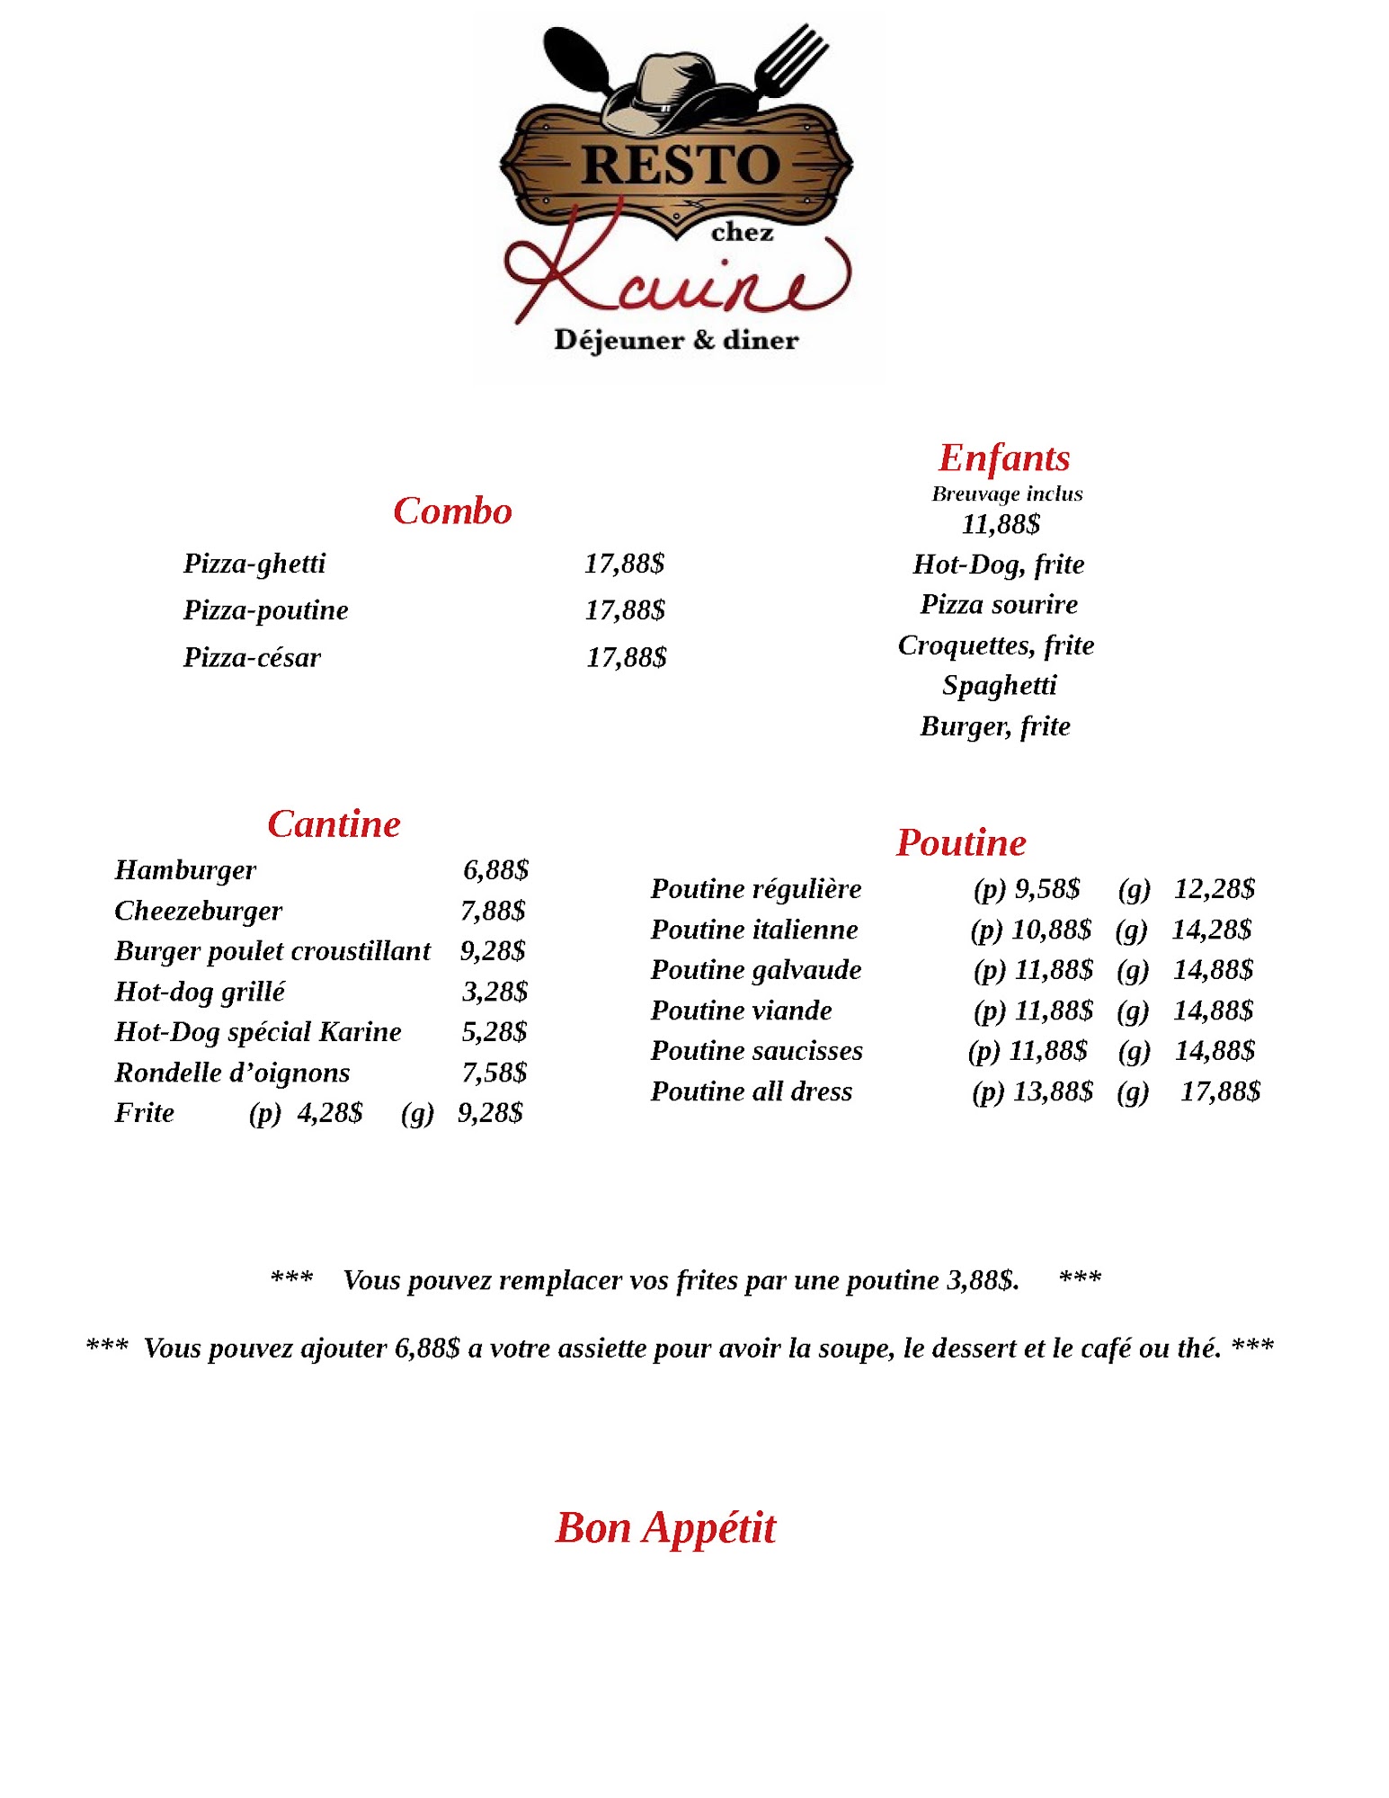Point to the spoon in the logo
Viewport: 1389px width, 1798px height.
pyautogui.click(x=575, y=58)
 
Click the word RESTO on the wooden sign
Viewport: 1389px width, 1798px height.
pyautogui.click(x=680, y=165)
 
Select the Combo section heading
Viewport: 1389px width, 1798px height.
pyautogui.click(x=452, y=511)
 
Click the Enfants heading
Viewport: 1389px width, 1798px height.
pyautogui.click(x=1004, y=458)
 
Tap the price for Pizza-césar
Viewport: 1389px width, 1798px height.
pyautogui.click(x=627, y=657)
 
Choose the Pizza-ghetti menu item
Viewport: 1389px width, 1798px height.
pyautogui.click(x=254, y=564)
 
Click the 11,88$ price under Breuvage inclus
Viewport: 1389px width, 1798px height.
pyautogui.click(x=1001, y=523)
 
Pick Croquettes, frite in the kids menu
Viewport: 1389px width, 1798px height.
pyautogui.click(x=996, y=645)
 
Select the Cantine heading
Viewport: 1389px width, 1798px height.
pyautogui.click(x=334, y=823)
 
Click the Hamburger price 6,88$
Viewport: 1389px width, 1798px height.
pyautogui.click(x=495, y=869)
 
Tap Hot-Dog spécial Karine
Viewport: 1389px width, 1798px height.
pyautogui.click(x=258, y=1031)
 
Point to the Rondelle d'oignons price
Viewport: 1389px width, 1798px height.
pyautogui.click(x=494, y=1072)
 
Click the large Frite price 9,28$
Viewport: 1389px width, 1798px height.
pyautogui.click(x=490, y=1112)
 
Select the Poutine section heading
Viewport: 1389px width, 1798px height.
pyautogui.click(x=961, y=842)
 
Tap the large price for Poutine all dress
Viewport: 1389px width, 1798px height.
pyautogui.click(x=1220, y=1090)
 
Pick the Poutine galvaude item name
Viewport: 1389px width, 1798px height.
pyautogui.click(x=756, y=969)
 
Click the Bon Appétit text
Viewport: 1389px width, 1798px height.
pyautogui.click(x=665, y=1527)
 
